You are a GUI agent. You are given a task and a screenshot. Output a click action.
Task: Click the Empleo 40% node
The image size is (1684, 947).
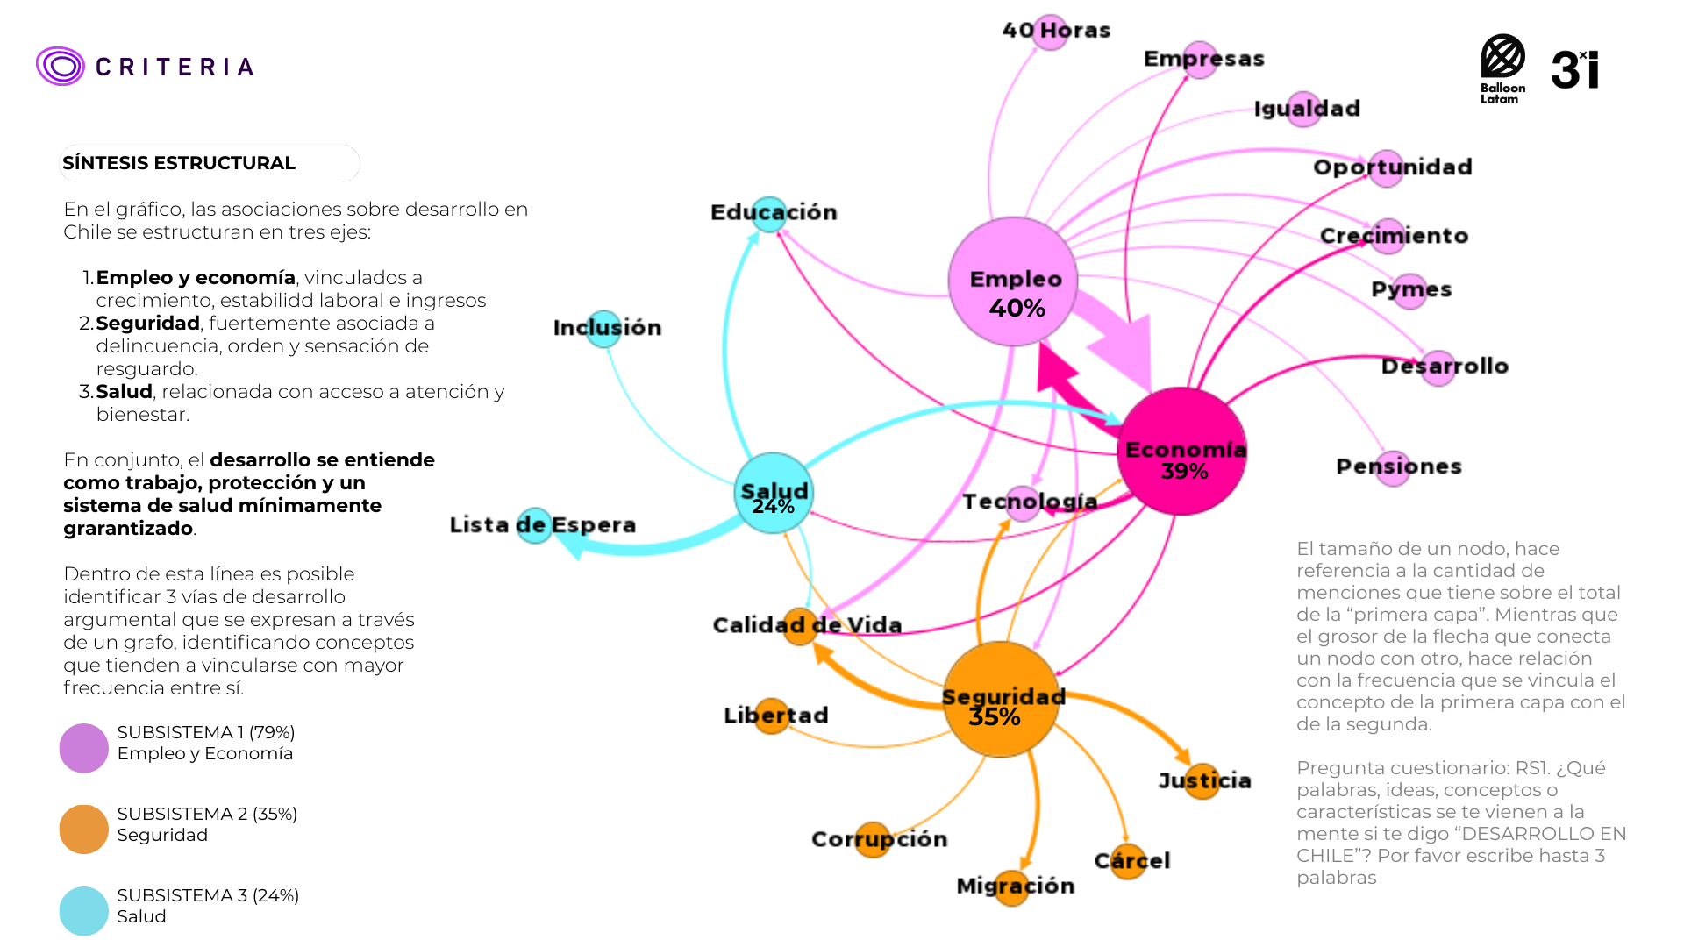point(1013,281)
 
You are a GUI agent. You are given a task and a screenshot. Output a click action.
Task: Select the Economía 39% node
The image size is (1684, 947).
point(1181,451)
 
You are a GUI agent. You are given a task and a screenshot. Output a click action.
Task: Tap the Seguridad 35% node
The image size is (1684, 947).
point(1001,700)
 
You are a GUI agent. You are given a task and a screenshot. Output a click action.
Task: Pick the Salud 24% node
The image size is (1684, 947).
point(774,493)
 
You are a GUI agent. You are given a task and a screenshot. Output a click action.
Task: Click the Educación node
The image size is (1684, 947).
point(769,215)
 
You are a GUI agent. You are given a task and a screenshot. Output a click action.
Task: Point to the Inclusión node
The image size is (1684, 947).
point(603,329)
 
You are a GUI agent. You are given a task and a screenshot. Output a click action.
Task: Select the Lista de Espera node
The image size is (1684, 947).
point(534,525)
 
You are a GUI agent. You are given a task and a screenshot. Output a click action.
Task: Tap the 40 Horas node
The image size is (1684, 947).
point(1050,32)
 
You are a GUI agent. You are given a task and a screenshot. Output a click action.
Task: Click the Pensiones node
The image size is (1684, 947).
point(1393,468)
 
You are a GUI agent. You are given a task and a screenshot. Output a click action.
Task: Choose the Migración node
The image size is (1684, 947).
point(1012,887)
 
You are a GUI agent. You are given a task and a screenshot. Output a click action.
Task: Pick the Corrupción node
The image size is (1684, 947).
point(873,840)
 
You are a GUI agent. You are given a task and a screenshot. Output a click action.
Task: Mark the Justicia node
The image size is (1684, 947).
point(1202,781)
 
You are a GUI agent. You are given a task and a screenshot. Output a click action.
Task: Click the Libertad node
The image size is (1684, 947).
point(772,716)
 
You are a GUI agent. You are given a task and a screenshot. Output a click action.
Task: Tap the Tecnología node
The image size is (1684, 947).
point(1023,503)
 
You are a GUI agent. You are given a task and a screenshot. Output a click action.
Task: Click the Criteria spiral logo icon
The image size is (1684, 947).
point(61,66)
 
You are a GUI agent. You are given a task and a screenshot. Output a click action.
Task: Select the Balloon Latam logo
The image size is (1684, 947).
point(1502,69)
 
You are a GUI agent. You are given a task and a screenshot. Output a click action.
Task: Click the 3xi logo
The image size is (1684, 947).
point(1575,69)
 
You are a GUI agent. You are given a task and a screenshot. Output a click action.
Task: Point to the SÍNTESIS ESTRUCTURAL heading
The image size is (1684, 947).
point(179,163)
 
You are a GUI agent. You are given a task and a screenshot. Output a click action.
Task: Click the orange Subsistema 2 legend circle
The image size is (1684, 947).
point(83,830)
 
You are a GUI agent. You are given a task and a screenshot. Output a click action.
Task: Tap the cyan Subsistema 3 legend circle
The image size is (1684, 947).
point(83,911)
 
